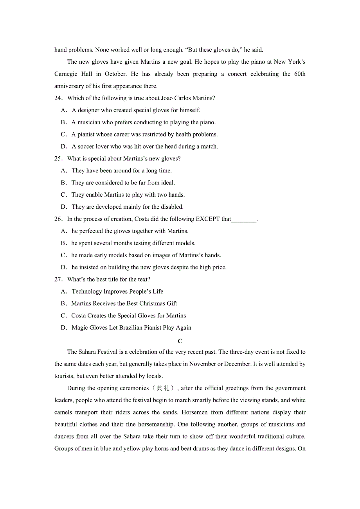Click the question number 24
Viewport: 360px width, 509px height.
(x=58, y=98)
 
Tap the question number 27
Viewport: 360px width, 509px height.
(x=58, y=280)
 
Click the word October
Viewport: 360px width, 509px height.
(x=115, y=74)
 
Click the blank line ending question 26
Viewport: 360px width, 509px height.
(x=244, y=219)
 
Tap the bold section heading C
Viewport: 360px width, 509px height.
(x=180, y=341)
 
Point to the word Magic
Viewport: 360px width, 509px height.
(x=80, y=328)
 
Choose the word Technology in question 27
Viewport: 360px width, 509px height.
(x=87, y=291)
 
